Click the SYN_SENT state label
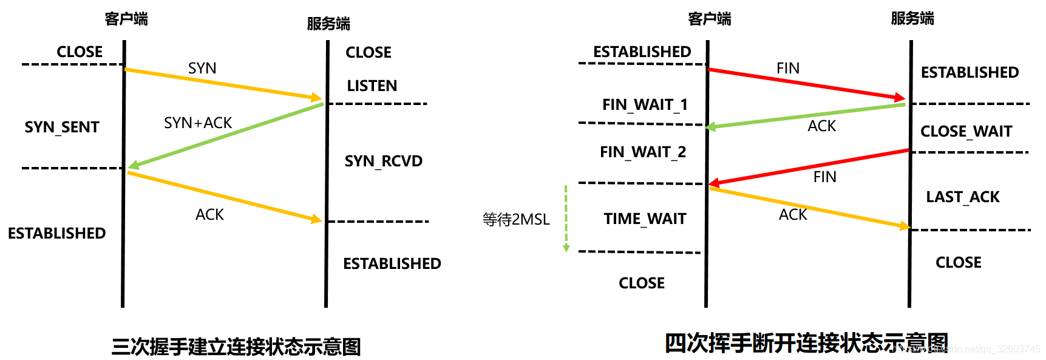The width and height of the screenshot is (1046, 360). [62, 127]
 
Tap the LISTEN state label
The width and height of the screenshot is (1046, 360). [372, 86]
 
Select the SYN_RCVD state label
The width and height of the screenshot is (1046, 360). [383, 161]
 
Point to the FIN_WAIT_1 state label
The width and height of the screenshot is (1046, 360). [645, 104]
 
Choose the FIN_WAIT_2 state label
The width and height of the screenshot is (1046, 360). [643, 152]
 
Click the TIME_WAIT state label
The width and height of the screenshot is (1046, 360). [645, 219]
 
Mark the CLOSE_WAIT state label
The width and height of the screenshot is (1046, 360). [966, 131]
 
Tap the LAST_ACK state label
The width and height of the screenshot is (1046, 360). [962, 197]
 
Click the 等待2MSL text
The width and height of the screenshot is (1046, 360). [516, 219]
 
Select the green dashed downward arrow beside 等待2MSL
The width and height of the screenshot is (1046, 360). [566, 219]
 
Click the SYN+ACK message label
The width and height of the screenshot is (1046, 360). [198, 123]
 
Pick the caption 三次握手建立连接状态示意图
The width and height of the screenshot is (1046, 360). [236, 347]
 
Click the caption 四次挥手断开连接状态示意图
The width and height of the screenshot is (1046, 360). [806, 343]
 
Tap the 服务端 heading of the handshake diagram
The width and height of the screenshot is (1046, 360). [328, 24]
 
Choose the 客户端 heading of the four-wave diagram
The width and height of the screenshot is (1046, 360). [710, 19]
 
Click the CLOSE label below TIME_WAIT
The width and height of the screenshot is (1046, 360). [642, 283]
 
